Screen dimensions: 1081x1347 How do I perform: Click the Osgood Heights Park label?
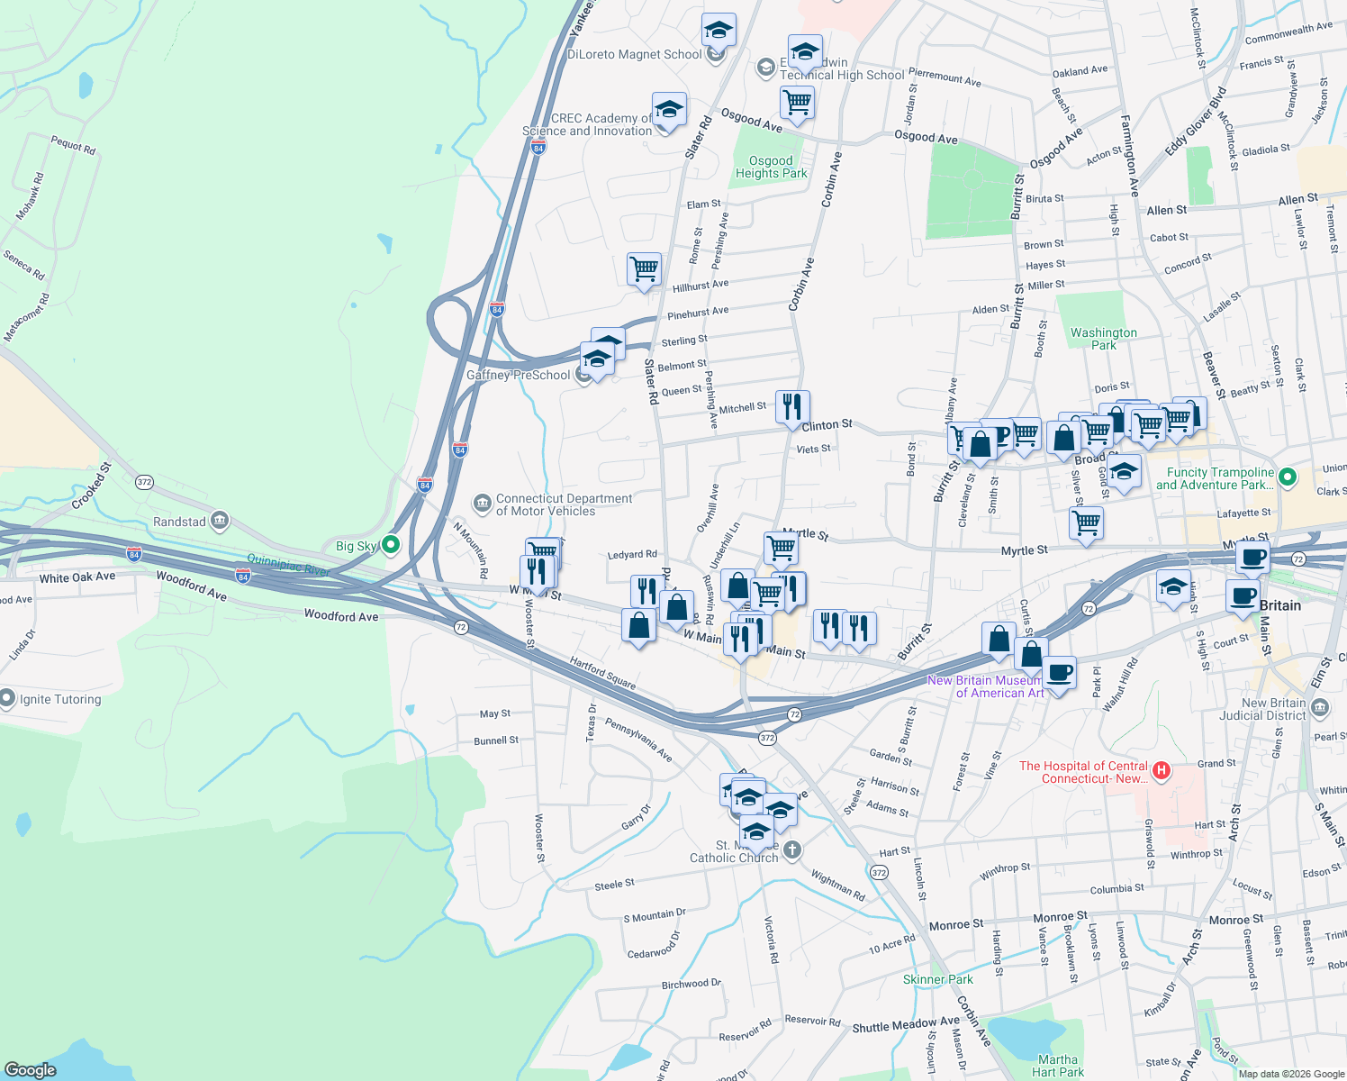[771, 168]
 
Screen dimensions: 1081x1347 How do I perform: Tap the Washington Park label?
[1103, 339]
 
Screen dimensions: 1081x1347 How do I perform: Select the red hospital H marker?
[1162, 769]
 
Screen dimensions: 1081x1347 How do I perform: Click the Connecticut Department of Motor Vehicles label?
[564, 504]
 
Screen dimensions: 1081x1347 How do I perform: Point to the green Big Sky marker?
[391, 544]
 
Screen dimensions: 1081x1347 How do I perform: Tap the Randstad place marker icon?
[219, 521]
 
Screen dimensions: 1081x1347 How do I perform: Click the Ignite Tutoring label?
[60, 699]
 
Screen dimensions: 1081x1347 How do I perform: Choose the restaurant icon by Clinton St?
[792, 406]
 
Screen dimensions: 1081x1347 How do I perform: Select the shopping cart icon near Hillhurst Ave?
[645, 268]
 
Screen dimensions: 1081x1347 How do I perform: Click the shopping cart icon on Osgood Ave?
[798, 102]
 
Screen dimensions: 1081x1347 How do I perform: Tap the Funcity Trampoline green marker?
[1288, 477]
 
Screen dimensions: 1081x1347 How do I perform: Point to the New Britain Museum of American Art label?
[986, 686]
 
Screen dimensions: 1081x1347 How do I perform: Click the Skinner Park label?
[937, 979]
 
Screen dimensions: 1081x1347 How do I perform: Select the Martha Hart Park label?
[1057, 1066]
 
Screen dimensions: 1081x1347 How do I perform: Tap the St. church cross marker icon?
[791, 849]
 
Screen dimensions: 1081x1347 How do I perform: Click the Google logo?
[31, 1069]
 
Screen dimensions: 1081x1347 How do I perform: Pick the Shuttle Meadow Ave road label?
[906, 1025]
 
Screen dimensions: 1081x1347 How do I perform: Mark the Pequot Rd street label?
[73, 144]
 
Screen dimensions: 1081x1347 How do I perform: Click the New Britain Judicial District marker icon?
[1320, 709]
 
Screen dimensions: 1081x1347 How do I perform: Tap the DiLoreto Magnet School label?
[634, 54]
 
